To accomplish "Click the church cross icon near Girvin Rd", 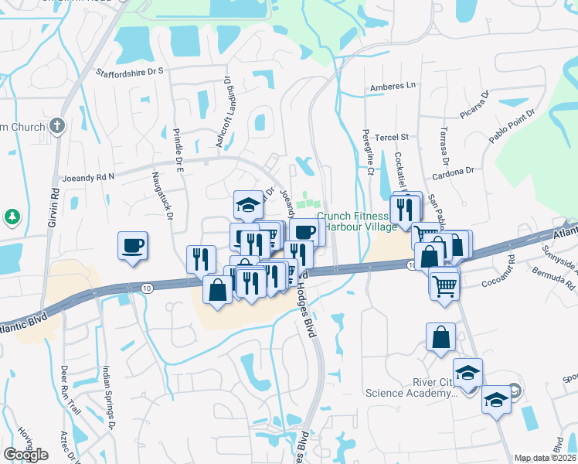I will pos(58,126).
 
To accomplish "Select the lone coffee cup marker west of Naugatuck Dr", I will pos(132,246).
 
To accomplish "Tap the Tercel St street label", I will pos(391,137).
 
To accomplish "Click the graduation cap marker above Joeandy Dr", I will pos(249,206).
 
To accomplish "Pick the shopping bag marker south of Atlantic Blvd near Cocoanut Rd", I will pos(440,337).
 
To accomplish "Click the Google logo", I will pos(25,455).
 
